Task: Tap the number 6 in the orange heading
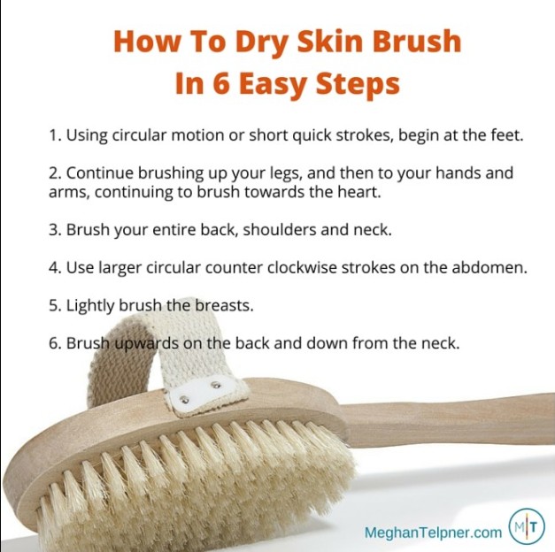[221, 83]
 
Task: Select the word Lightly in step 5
[90, 306]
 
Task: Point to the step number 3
[55, 230]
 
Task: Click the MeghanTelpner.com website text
[433, 532]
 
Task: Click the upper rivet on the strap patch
[215, 385]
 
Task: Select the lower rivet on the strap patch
[184, 400]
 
